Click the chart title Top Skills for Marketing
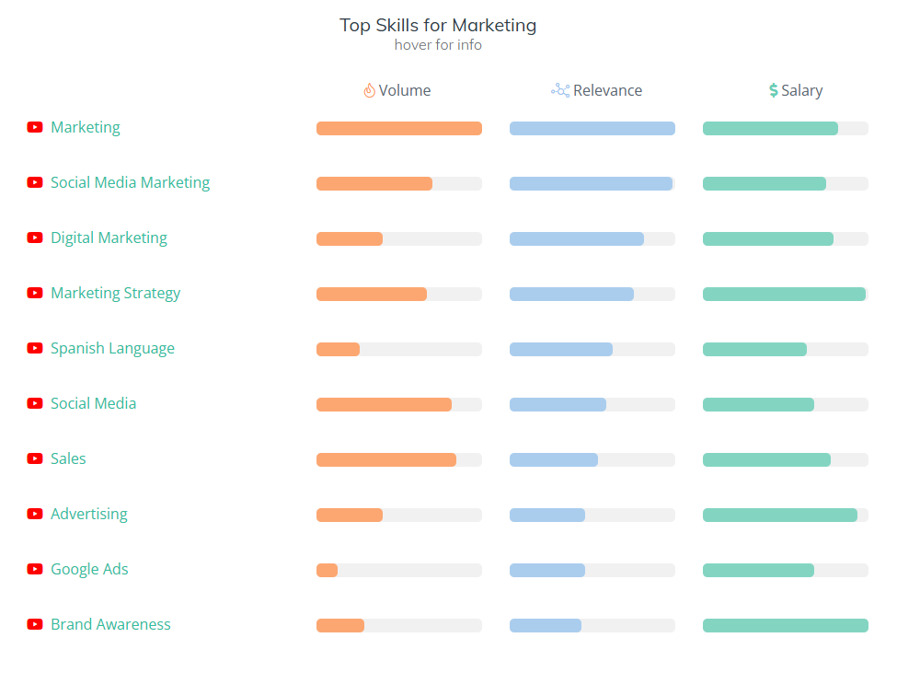pos(438,25)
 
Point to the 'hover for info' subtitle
pos(438,45)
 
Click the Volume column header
pos(405,90)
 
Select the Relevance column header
pos(607,90)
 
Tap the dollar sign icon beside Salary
pos(774,90)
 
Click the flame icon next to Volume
pos(369,90)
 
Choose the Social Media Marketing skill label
pos(130,182)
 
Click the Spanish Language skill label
pos(112,348)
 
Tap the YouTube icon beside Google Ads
pos(35,569)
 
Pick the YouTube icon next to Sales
pos(35,458)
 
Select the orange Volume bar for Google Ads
pos(328,571)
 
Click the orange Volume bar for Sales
pos(385,460)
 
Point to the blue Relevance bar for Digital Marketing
pos(576,239)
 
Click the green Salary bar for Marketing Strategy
pos(784,295)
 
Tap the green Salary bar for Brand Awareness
pos(785,626)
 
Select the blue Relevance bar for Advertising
pos(547,516)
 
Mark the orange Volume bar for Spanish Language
pos(338,350)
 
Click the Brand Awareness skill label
pos(110,624)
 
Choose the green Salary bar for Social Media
pos(758,405)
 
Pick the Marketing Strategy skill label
pos(115,293)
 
